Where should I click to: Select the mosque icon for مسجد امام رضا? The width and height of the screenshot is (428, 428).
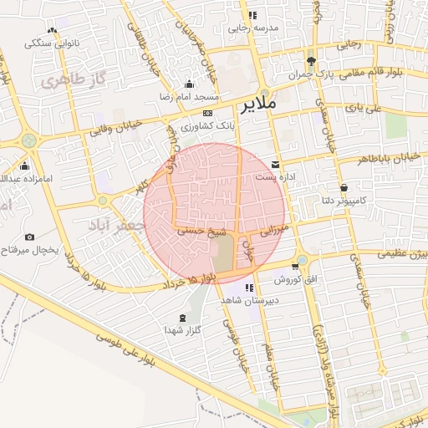point(189,84)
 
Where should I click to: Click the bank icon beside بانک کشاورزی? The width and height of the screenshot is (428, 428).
point(208,113)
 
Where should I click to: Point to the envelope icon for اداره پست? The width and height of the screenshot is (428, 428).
point(276,164)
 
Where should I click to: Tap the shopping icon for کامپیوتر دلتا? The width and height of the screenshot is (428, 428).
point(344,187)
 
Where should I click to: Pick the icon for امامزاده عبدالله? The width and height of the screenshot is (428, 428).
point(24,166)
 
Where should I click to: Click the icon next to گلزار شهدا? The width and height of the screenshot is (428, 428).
point(183,318)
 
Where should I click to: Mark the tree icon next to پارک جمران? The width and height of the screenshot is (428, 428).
point(311,62)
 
